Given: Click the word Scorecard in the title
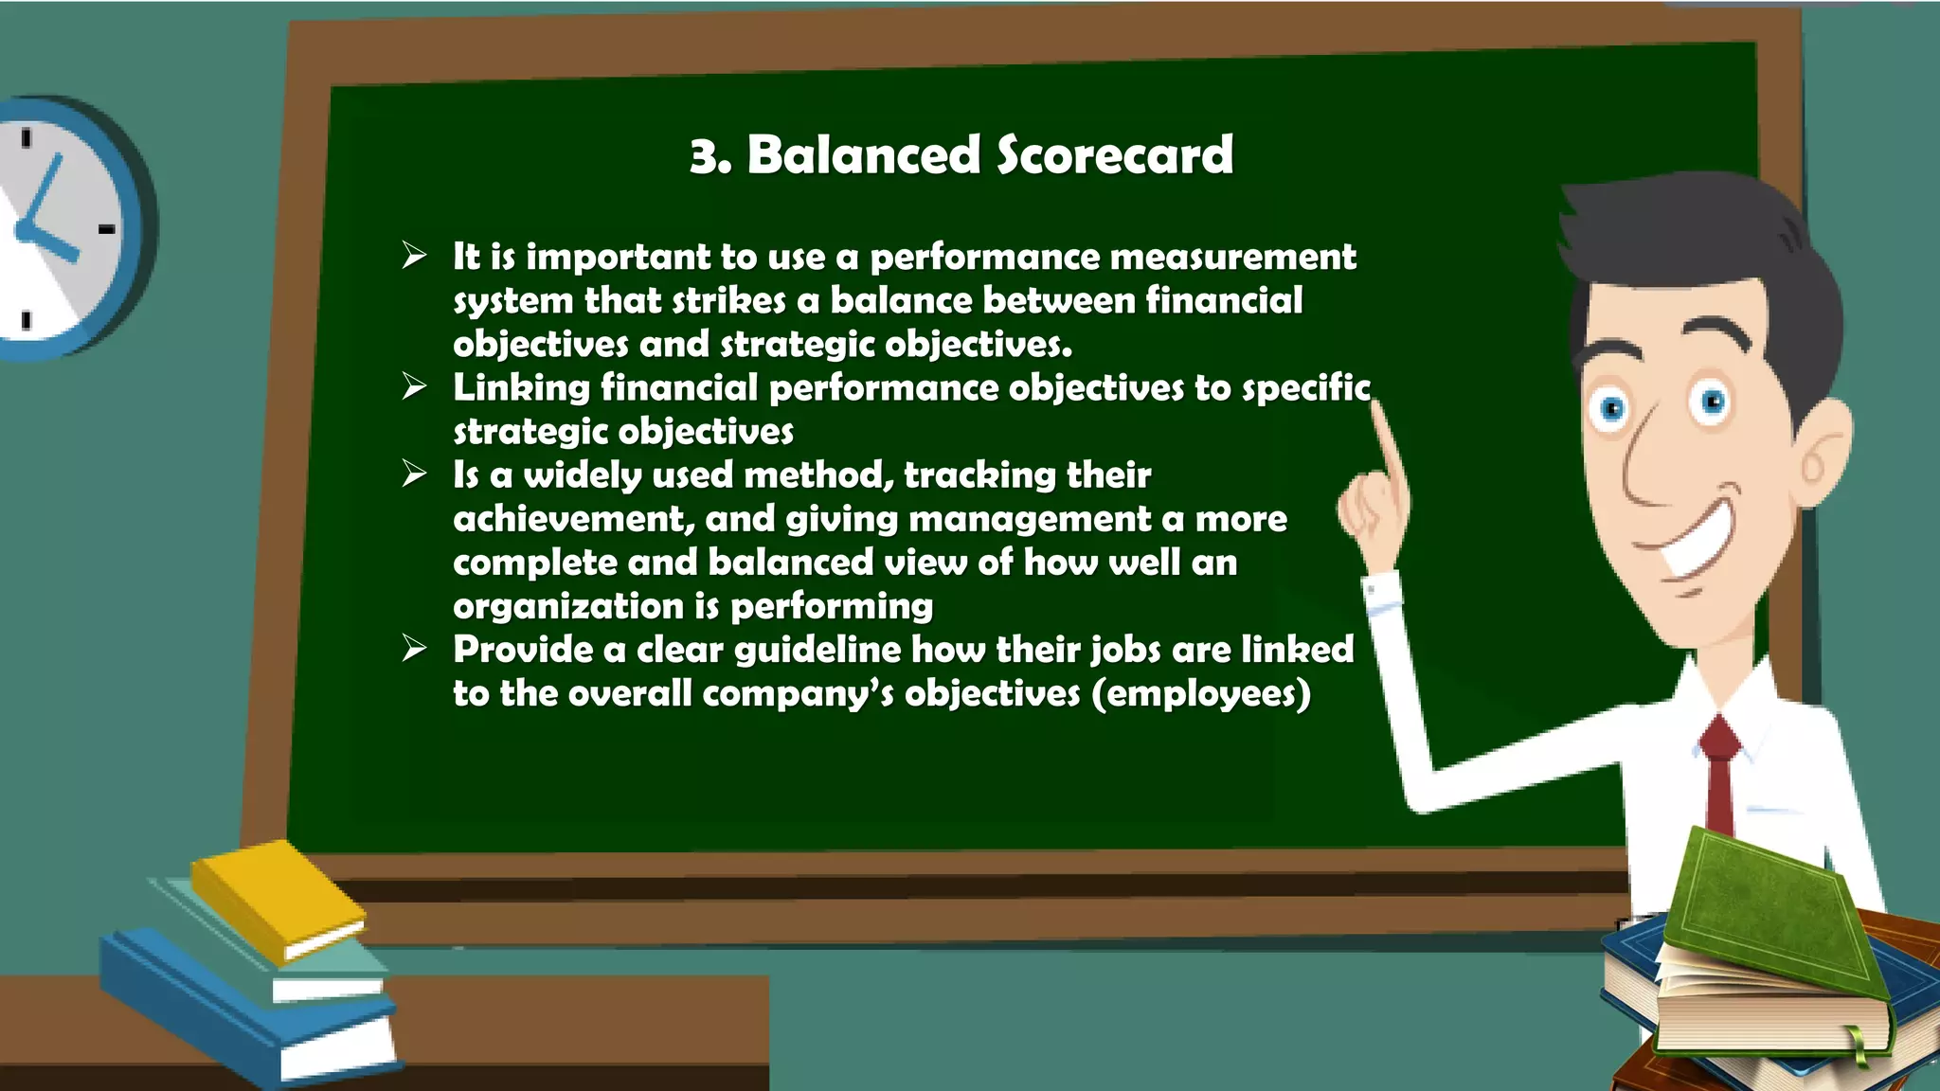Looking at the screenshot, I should (1115, 154).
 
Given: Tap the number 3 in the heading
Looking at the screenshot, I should (706, 156).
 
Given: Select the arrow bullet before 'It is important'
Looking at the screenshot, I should (414, 256).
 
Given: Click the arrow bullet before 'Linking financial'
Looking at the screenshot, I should (414, 386).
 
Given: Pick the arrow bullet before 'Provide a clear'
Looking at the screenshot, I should (414, 649).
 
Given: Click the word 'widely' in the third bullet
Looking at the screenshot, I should (582, 474).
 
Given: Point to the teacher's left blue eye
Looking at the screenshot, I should (1612, 409).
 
